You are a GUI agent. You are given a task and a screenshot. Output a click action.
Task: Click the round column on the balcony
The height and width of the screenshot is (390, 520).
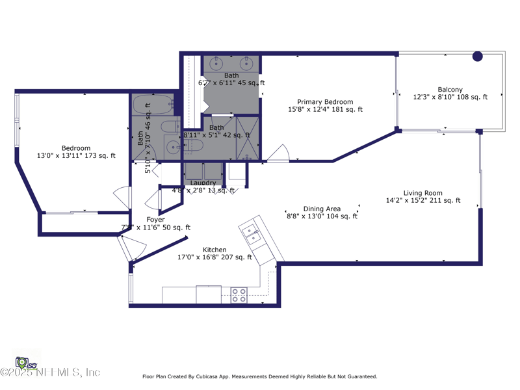(x=477, y=57)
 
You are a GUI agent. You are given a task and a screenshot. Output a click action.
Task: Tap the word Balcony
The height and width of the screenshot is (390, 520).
(x=450, y=90)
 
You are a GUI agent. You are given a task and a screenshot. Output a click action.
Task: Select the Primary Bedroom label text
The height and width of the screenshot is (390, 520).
(x=325, y=102)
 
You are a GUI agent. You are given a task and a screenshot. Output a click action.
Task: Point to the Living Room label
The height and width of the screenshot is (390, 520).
(x=422, y=193)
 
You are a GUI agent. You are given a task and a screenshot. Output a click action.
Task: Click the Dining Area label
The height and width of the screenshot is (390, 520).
(x=322, y=209)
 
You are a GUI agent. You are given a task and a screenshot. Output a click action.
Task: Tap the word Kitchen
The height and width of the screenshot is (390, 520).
(x=214, y=250)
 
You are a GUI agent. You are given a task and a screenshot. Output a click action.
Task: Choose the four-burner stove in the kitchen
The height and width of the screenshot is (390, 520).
(x=239, y=295)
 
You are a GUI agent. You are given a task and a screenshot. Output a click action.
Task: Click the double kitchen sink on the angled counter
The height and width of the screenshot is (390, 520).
(x=252, y=235)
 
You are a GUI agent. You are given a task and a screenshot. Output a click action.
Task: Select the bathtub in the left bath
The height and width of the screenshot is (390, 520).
(x=153, y=105)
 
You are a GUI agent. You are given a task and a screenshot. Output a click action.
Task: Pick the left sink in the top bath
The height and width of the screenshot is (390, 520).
(x=216, y=64)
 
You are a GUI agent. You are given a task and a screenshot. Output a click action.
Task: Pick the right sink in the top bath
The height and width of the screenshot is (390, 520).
(x=246, y=64)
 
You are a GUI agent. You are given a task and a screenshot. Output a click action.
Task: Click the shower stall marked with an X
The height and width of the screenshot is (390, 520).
(x=247, y=138)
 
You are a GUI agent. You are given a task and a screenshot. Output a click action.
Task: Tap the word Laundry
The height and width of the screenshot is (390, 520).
(x=203, y=183)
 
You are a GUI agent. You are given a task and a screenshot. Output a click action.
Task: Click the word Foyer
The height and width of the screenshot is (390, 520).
(x=155, y=220)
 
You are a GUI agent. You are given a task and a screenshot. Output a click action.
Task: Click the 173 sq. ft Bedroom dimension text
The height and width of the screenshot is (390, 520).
(x=76, y=156)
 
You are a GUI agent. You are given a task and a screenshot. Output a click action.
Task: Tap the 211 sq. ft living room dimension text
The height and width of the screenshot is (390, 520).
(x=422, y=201)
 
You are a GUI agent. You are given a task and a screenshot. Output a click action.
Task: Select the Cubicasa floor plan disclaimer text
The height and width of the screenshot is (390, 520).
(x=259, y=376)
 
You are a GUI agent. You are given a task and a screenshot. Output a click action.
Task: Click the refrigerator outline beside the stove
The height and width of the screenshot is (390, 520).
(x=209, y=294)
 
